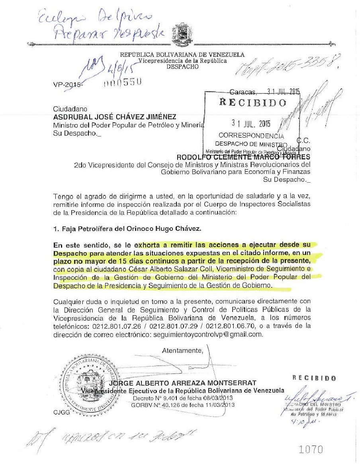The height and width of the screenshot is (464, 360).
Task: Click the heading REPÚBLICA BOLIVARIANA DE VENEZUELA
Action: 183,55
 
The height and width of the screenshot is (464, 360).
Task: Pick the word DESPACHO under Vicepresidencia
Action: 183,67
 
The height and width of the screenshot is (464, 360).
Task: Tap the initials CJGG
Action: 61,413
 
